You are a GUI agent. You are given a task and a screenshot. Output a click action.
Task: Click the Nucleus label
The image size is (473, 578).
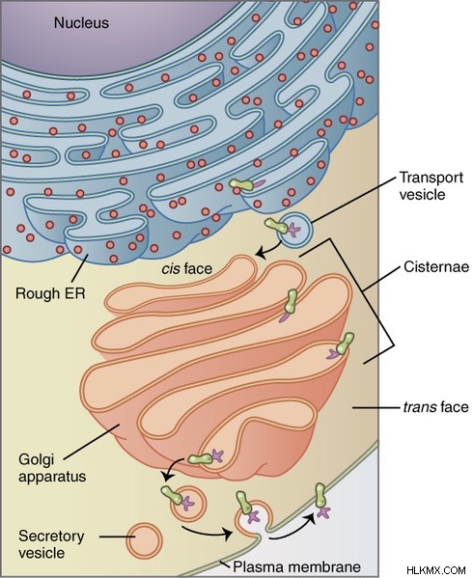[x=81, y=23]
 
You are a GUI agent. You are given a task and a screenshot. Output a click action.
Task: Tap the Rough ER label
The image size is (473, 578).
[x=50, y=293]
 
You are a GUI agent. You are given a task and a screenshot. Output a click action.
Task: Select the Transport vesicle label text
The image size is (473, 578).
[x=431, y=186]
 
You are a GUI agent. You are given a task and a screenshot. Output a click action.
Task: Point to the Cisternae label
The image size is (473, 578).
[x=436, y=266]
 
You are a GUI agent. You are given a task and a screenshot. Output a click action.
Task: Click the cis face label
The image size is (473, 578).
[x=187, y=268]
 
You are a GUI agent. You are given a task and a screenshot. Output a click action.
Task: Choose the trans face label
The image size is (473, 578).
[x=435, y=407]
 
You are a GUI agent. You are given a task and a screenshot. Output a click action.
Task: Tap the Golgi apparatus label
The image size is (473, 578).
[x=52, y=468]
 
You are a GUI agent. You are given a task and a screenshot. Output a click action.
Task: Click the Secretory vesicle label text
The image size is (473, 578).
[x=51, y=544]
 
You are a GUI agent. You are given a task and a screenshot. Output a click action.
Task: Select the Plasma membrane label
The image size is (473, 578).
[x=296, y=566]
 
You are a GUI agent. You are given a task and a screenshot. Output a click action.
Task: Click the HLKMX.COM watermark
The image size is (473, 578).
[x=438, y=570]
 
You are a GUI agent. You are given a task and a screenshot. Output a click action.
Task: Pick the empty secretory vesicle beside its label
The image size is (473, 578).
[x=144, y=540]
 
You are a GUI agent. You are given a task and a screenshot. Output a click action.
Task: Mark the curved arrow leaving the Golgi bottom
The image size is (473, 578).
[x=172, y=467]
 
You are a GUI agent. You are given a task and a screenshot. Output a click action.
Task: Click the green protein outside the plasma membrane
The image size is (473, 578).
[x=321, y=496]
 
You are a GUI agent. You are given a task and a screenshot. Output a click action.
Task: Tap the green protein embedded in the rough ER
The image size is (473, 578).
[x=241, y=184]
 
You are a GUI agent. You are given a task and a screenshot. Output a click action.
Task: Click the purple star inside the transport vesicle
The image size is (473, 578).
[x=293, y=230]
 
